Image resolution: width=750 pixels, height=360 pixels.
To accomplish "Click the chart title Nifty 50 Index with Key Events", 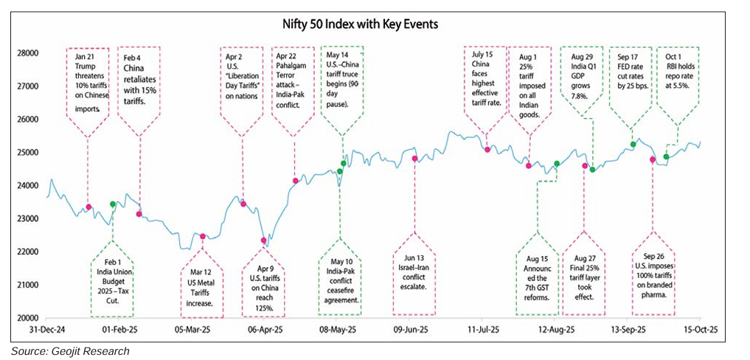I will tap(360, 24).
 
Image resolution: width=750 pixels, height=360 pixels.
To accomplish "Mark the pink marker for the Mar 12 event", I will tap(203, 236).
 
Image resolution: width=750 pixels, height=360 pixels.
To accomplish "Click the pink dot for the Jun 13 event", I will tap(414, 159).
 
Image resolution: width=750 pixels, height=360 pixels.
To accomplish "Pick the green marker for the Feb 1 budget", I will tap(113, 204).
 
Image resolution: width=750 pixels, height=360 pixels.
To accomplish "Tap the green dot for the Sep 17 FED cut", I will tap(633, 145).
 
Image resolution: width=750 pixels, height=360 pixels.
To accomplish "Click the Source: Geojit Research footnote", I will tap(70, 351).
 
